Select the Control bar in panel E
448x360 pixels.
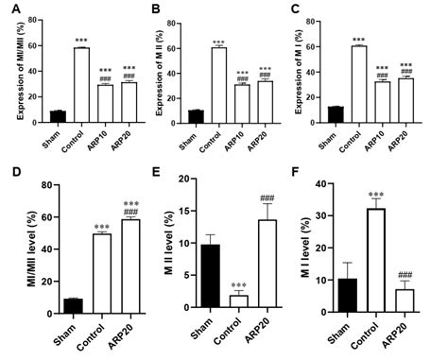pos(240,303)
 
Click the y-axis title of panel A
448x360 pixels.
pos(10,71)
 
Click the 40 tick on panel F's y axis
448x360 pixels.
pos(324,184)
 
